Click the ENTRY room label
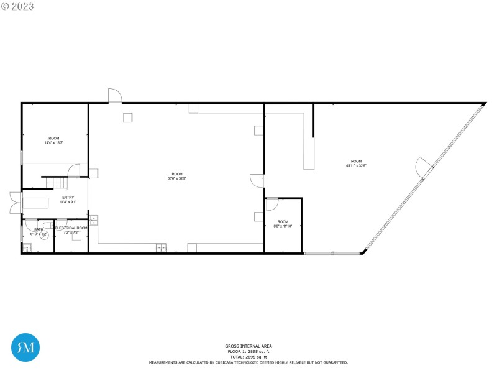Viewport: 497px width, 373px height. coord(68,198)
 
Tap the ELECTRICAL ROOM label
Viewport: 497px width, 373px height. coord(71,228)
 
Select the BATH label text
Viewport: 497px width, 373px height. coord(39,229)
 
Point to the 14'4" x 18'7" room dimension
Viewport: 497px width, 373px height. coord(54,143)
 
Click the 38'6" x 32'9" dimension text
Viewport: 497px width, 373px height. coord(177,178)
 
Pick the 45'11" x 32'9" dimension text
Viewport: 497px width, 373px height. coord(356,165)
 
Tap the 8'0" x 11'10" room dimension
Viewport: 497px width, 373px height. coord(283,226)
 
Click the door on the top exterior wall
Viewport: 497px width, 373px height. coord(116,96)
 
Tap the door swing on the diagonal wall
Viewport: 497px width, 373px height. coord(422,167)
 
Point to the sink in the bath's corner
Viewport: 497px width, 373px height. coord(27,247)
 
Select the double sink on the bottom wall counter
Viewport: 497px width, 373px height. coord(161,248)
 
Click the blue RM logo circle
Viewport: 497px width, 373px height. coord(26,348)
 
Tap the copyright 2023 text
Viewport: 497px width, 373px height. coord(18,6)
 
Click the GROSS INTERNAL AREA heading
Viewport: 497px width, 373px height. coord(248,346)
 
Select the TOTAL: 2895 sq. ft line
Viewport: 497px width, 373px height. coord(248,357)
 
